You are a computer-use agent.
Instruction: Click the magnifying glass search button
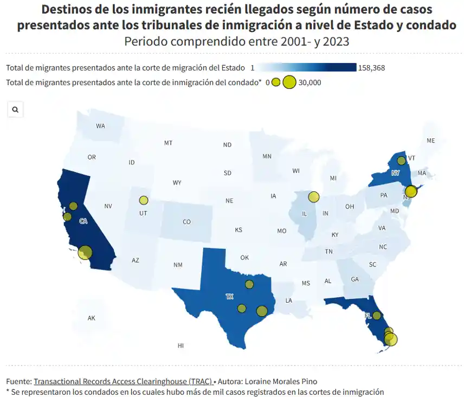pyautogui.click(x=15, y=110)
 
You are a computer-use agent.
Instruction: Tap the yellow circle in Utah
pyautogui.click(x=143, y=200)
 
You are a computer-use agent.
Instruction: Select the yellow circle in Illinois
pyautogui.click(x=313, y=197)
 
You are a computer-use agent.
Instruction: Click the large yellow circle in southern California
pyautogui.click(x=85, y=252)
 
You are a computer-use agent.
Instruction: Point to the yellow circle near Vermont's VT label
pyautogui.click(x=401, y=161)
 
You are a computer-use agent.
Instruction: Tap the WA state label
pyautogui.click(x=100, y=126)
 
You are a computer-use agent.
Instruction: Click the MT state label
pyautogui.click(x=168, y=143)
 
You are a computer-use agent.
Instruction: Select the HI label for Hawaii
pyautogui.click(x=181, y=345)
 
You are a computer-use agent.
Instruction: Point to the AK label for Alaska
pyautogui.click(x=91, y=318)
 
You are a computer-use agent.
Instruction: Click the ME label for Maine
pyautogui.click(x=430, y=140)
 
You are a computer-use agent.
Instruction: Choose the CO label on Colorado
pyautogui.click(x=186, y=221)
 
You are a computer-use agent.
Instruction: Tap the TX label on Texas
pyautogui.click(x=229, y=297)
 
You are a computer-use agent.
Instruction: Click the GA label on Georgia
pyautogui.click(x=355, y=279)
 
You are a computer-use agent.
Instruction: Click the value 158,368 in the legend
pyautogui.click(x=371, y=68)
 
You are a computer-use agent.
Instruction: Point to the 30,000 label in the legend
pyautogui.click(x=310, y=82)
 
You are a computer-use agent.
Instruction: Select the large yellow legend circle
pyautogui.click(x=289, y=82)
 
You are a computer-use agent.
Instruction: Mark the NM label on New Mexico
pyautogui.click(x=178, y=265)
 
